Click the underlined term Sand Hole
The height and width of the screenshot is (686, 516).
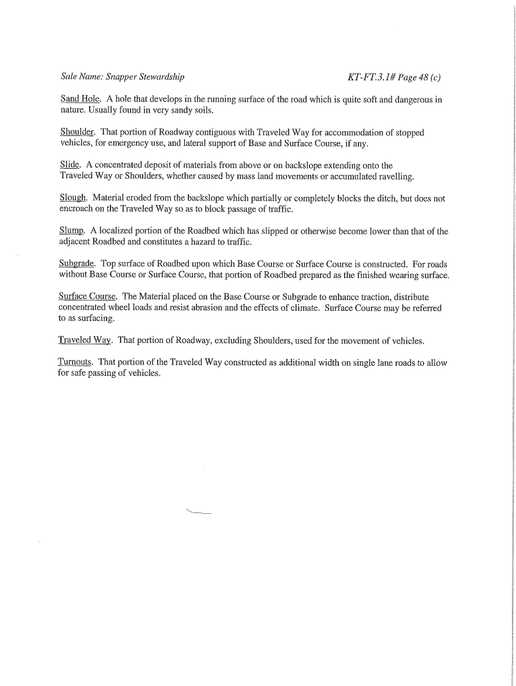pos(79,99)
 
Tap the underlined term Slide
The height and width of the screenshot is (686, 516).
pos(70,165)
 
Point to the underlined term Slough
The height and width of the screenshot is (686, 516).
pos(73,198)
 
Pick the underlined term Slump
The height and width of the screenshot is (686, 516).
pos(72,231)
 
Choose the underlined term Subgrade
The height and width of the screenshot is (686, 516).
pos(77,264)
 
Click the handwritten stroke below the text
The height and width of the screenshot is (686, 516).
pos(198,513)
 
